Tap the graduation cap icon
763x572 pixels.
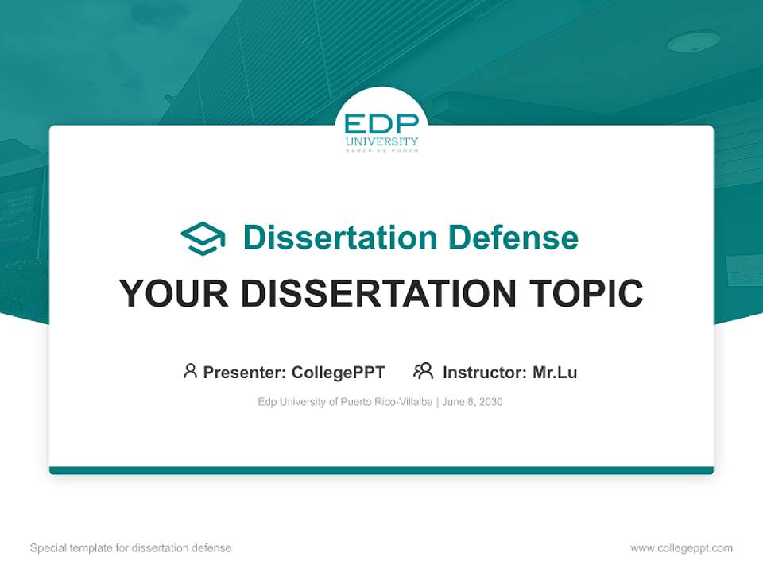[203, 238]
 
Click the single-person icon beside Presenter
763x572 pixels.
[190, 371]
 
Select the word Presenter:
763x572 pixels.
[244, 372]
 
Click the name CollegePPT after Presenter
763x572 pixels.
[339, 372]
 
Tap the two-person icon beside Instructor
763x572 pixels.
[423, 371]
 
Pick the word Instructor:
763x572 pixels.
[484, 372]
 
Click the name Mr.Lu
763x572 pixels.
[555, 372]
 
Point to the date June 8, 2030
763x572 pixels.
[472, 402]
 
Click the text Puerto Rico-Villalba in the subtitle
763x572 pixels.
[386, 402]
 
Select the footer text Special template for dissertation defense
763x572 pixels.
[130, 547]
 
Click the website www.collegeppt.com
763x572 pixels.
[681, 547]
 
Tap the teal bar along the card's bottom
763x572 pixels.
[381, 470]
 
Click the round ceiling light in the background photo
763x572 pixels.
[693, 42]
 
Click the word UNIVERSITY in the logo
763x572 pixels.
[381, 142]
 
